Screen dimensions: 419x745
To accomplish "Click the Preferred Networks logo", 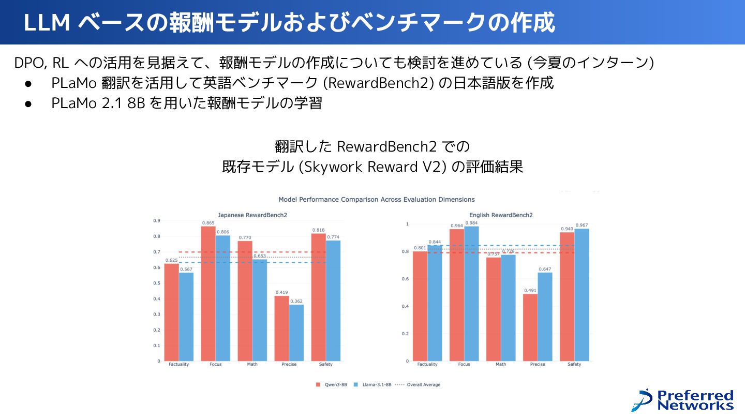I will click(x=683, y=400).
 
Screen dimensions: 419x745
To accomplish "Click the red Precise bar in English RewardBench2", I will click(x=530, y=327).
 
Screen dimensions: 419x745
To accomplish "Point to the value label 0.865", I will click(x=208, y=223).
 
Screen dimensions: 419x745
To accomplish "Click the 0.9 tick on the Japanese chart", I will click(x=156, y=221).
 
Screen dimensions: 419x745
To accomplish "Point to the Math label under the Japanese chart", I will click(x=252, y=364).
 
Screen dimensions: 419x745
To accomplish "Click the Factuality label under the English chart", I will click(x=427, y=364).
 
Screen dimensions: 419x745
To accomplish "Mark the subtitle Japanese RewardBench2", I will click(x=252, y=215).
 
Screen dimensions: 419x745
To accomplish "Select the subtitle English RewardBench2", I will click(x=501, y=215).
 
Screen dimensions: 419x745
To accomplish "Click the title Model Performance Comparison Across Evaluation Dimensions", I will click(x=376, y=199).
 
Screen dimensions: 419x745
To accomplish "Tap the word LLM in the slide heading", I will click(x=47, y=23).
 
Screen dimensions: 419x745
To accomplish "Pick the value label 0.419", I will click(x=281, y=292).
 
